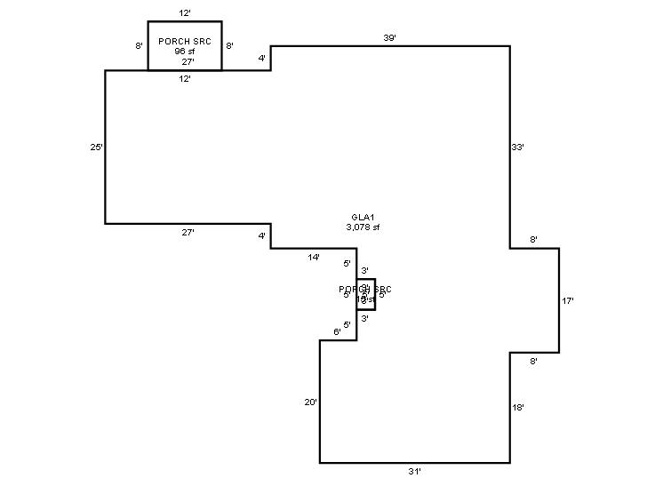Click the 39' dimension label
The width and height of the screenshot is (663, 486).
pyautogui.click(x=389, y=38)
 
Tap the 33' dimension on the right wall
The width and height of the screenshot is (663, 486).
pyautogui.click(x=519, y=147)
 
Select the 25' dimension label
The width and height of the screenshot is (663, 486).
pyautogui.click(x=97, y=147)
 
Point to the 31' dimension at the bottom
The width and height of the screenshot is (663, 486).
pyautogui.click(x=415, y=471)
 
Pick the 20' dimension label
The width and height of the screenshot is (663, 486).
pyautogui.click(x=310, y=402)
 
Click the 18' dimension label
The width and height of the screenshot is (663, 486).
pyautogui.click(x=519, y=408)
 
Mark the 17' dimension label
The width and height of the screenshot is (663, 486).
pyautogui.click(x=568, y=301)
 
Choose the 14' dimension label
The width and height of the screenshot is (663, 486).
pyautogui.click(x=314, y=257)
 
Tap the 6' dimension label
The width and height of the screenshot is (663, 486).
pyautogui.click(x=337, y=332)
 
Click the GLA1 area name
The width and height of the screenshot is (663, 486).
pyautogui.click(x=363, y=218)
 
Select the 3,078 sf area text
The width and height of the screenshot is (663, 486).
pyautogui.click(x=363, y=227)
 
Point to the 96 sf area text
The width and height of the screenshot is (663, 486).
pyautogui.click(x=185, y=52)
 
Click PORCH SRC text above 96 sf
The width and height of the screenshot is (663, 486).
pyautogui.click(x=185, y=42)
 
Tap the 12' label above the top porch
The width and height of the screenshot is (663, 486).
pyautogui.click(x=185, y=13)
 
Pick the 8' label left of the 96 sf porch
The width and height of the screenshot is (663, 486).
pyautogui.click(x=140, y=45)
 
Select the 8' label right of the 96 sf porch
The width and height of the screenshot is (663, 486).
pyautogui.click(x=229, y=45)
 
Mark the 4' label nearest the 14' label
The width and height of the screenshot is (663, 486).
pyautogui.click(x=262, y=236)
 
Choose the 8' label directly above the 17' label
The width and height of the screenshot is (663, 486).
pyautogui.click(x=533, y=241)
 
